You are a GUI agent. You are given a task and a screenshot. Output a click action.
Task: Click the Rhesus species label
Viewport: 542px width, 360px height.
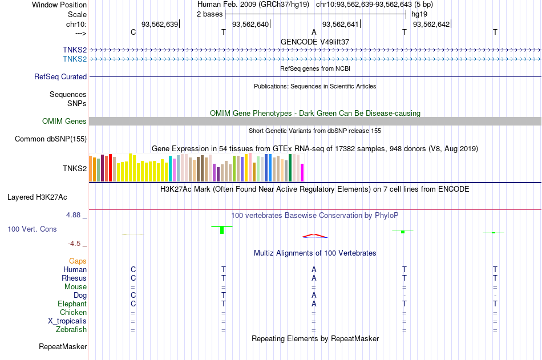(74, 278)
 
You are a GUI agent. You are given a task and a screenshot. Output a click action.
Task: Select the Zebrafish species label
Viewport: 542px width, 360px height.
(71, 329)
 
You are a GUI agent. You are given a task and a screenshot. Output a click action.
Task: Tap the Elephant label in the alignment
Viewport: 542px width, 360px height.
(72, 304)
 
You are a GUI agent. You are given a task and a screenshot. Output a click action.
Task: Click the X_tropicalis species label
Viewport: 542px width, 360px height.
(67, 321)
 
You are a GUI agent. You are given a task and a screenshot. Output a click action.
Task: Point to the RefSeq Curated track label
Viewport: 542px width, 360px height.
(60, 77)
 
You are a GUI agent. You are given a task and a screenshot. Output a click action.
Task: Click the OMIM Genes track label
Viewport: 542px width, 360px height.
(64, 121)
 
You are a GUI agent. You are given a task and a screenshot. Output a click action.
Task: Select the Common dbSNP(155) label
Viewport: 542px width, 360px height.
(51, 139)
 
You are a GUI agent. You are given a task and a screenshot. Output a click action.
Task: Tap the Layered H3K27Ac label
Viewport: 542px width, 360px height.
(37, 197)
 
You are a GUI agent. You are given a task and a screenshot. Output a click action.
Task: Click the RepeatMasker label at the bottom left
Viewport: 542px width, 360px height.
(63, 346)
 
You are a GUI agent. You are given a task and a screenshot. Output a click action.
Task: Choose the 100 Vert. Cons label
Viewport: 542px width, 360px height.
(32, 229)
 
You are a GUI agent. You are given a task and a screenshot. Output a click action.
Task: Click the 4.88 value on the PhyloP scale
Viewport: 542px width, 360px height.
(73, 215)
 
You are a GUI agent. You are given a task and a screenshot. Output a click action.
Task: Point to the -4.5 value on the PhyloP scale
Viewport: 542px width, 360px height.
(74, 244)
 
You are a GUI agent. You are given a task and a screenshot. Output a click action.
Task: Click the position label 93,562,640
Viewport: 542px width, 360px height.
(250, 24)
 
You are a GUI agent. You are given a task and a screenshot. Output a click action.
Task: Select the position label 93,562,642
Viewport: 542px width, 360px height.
(431, 24)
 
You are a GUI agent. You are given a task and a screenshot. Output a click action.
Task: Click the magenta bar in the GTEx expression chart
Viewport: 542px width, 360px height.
(302, 172)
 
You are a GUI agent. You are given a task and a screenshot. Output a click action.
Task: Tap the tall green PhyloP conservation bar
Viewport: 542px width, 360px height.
(222, 229)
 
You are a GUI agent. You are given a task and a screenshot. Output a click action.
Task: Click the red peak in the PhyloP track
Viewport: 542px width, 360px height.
(314, 236)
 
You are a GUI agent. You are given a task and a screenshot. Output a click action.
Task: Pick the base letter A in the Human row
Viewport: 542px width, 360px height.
(314, 269)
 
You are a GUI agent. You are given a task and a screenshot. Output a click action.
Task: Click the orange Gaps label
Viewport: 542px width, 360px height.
(78, 261)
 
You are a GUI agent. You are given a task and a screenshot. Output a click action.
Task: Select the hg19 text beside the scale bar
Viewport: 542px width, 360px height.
(419, 14)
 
